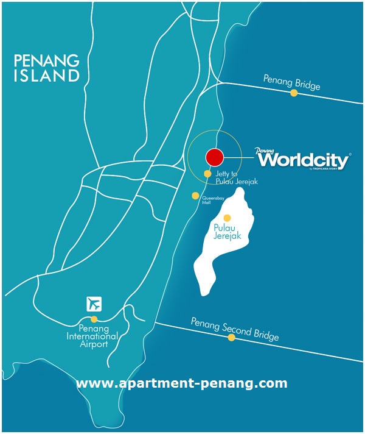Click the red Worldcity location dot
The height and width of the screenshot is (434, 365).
[214, 157]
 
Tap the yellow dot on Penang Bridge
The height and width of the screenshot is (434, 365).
[294, 93]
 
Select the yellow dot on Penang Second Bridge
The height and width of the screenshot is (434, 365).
[231, 336]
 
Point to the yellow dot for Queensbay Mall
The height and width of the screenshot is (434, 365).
[195, 196]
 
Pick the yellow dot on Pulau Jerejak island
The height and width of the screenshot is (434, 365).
[227, 218]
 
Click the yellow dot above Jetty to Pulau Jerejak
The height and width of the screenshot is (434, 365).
[207, 173]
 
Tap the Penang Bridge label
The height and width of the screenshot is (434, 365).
[291, 81]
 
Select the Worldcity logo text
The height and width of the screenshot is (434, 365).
[304, 160]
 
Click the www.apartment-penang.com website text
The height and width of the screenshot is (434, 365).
[181, 383]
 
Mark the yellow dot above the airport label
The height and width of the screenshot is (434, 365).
[94, 319]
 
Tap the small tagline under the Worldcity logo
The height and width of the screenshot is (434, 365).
[328, 170]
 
